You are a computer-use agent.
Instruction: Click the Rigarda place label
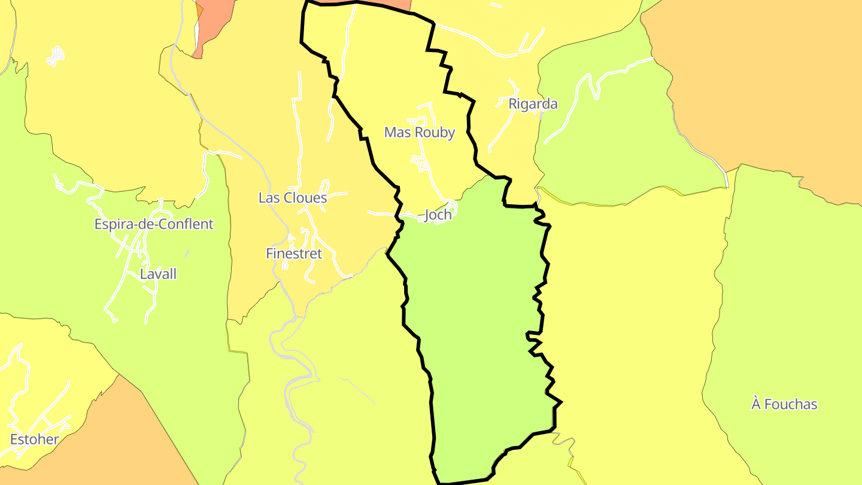533,104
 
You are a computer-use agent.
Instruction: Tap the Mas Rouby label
419,132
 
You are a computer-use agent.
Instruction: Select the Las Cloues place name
293,198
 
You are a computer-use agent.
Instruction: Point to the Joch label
438,215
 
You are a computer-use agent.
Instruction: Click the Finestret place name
294,254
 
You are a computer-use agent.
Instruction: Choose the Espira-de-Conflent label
154,225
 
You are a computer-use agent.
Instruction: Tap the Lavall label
158,274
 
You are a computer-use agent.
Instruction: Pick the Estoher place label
35,439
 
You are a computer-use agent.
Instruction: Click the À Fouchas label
784,405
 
